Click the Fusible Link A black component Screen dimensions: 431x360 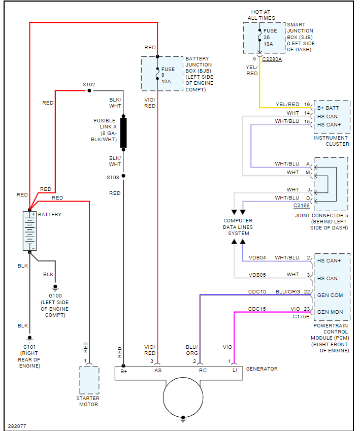click(123, 132)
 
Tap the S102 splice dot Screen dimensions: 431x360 click(89, 91)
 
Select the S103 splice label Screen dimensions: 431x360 click(113, 177)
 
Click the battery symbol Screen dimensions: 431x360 click(30, 231)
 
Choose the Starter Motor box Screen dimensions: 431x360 click(89, 380)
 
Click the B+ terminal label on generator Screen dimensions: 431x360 click(123, 371)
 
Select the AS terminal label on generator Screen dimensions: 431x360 click(158, 371)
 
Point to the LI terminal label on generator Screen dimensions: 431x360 click(234, 371)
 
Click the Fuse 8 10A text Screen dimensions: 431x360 click(168, 75)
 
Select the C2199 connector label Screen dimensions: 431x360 click(301, 206)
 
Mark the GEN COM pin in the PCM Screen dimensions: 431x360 click(330, 295)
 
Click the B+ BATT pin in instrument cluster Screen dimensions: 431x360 click(330, 108)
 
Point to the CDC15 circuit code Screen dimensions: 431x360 click(256, 309)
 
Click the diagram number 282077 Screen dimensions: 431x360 click(18, 425)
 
